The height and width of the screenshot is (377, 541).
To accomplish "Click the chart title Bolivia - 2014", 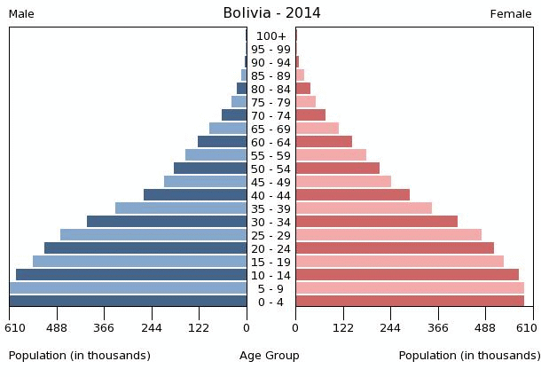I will (x=271, y=13).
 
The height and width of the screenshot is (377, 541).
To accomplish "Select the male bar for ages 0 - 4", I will (x=128, y=302).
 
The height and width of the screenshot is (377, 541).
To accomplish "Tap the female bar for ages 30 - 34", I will (x=376, y=222).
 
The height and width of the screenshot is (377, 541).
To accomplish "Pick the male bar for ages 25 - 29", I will (x=153, y=235).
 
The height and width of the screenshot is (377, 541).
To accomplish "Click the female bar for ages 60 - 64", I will (x=324, y=142).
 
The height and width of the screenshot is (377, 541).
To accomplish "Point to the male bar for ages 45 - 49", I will (x=205, y=182).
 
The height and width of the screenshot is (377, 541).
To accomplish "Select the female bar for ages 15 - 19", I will (x=399, y=262).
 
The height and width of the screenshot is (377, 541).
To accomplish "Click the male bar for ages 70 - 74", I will (x=234, y=115).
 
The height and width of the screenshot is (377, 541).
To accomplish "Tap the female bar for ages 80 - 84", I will (x=302, y=89).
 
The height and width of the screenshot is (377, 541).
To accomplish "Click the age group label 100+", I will (x=270, y=36).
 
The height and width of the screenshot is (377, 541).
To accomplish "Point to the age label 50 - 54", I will (x=270, y=169).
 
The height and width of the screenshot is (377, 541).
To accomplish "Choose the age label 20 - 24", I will (x=270, y=249).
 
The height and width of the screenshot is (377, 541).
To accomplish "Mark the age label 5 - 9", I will (x=270, y=289).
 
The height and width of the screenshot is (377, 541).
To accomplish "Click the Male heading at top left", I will (x=21, y=14).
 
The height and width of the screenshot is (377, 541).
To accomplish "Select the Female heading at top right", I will (x=511, y=14).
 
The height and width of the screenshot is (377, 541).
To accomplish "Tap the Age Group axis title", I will (x=270, y=356).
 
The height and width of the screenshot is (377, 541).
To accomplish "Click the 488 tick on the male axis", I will (x=57, y=327).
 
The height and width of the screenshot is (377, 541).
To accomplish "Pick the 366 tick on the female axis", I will (x=438, y=327).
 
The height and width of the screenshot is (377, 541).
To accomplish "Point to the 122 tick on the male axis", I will (x=199, y=327).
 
